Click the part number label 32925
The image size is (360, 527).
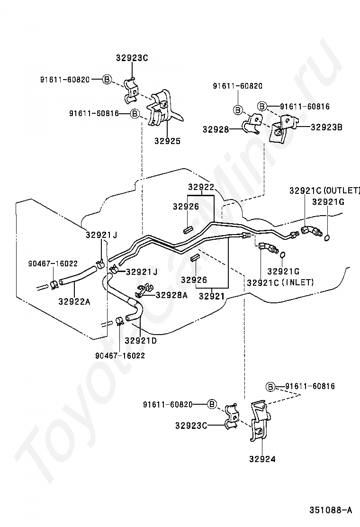point(167,141)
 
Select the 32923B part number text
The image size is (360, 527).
point(326,127)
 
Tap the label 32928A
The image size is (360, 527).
point(171,295)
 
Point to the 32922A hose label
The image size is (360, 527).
point(74,301)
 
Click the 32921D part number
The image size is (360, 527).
point(141,341)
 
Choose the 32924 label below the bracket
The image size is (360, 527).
point(262,459)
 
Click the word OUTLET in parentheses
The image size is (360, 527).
point(342,191)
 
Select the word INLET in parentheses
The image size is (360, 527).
point(297,282)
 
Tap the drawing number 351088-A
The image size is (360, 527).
point(331,510)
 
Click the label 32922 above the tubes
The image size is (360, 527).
point(201,187)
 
